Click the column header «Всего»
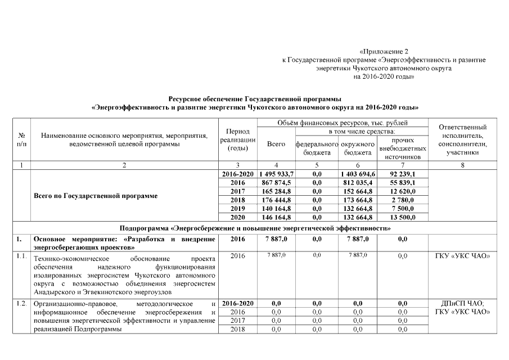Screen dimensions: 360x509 click(x=276, y=144)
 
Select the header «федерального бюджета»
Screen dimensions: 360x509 click(x=317, y=148)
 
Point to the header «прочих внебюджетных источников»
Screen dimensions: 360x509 click(x=403, y=148)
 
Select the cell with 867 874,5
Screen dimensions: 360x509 click(x=276, y=183)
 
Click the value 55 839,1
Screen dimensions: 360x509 click(x=403, y=183)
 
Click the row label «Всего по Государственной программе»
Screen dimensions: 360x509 click(x=96, y=196)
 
